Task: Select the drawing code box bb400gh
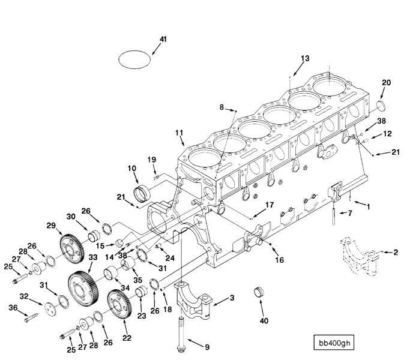click(x=336, y=343)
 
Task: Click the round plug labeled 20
click(x=384, y=107)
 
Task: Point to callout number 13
click(x=306, y=58)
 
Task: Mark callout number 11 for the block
click(x=178, y=132)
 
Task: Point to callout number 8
click(x=222, y=107)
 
